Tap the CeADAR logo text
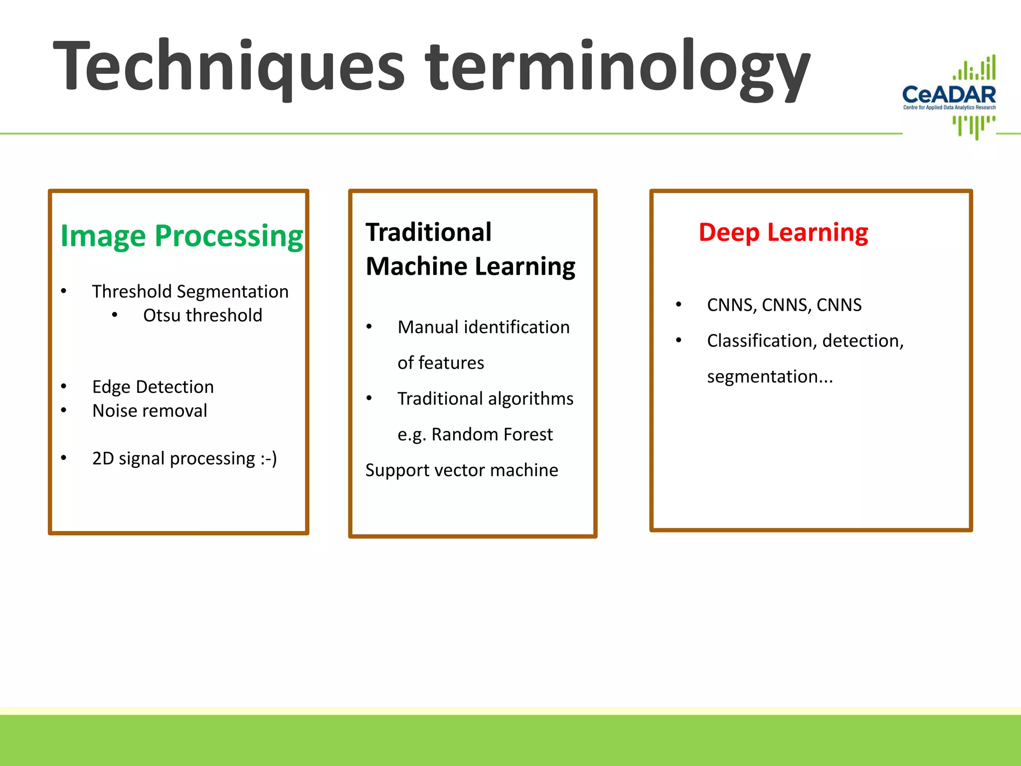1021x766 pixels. tap(949, 94)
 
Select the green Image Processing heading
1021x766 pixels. tap(181, 235)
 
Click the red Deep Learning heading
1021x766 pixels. tap(783, 232)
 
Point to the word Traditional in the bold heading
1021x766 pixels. tap(428, 232)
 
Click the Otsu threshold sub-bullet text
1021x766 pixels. tap(202, 315)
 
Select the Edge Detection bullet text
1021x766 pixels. tap(153, 386)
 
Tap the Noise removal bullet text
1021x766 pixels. tap(150, 410)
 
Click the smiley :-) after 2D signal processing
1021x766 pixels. tap(269, 458)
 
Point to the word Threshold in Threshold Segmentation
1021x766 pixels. tap(132, 291)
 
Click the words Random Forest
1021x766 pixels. tap(492, 434)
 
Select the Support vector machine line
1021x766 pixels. tap(462, 470)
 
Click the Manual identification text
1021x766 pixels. tap(483, 327)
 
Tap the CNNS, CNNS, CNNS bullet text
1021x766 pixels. tap(784, 305)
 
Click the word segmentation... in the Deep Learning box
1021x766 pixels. tap(770, 376)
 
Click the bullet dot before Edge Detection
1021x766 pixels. tap(64, 386)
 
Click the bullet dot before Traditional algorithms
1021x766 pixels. tap(369, 398)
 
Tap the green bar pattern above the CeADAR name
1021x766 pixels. tap(975, 69)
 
